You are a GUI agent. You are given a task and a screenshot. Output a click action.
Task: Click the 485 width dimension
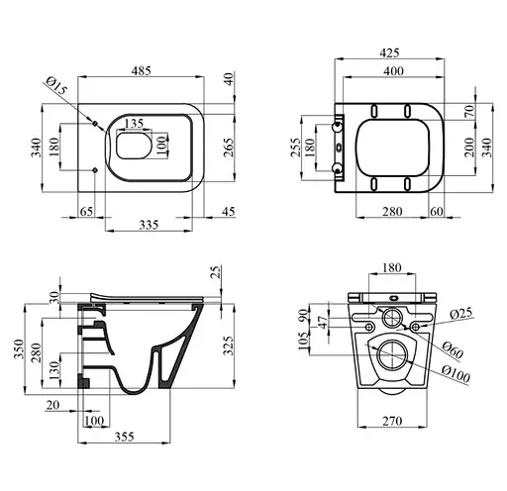coord(141,70)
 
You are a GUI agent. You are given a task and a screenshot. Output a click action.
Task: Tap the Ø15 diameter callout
coord(56,85)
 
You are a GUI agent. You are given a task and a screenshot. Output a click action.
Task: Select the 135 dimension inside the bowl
coord(135,124)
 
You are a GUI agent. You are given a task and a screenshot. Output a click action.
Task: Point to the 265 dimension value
coord(229,147)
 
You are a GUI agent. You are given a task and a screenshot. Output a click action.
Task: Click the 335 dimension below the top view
coord(149,225)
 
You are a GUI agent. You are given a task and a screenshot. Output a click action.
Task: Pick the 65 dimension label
coord(86,211)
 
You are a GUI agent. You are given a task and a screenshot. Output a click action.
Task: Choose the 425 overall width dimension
coord(389,52)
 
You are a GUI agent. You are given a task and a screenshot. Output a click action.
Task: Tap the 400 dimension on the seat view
coord(393,71)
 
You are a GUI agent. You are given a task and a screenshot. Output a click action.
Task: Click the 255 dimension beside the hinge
coord(296,147)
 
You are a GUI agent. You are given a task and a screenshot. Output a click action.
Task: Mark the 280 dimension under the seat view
coord(392,211)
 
